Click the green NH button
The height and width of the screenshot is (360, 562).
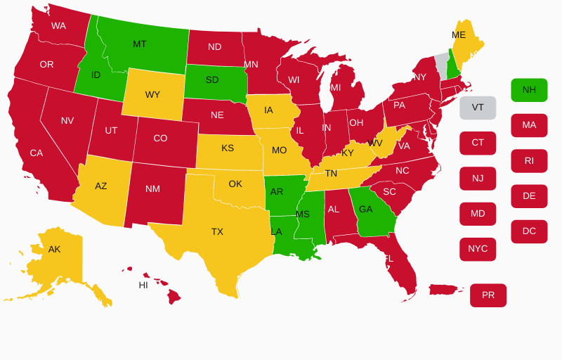point(529,90)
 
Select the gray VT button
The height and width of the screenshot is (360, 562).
point(478,108)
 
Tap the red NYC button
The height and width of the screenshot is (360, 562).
point(478,249)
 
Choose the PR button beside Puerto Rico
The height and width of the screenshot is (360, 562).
point(488,295)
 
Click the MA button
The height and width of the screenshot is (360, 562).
point(529,125)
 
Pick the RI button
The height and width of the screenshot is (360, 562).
point(529,161)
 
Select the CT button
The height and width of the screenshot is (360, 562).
point(478,143)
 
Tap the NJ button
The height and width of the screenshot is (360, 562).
point(478,179)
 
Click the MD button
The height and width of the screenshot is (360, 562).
point(478,214)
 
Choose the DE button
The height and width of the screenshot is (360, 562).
point(529,196)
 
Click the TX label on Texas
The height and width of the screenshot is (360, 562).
point(217,232)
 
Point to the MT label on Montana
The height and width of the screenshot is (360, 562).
point(140,44)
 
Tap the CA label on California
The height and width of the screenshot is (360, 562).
point(37,153)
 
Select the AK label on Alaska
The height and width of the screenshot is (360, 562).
point(55,250)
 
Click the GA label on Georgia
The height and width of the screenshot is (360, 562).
point(366,210)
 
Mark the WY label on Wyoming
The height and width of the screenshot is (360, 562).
point(152,95)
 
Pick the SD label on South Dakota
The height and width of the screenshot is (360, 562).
point(212,80)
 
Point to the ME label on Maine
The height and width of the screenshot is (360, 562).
point(459,35)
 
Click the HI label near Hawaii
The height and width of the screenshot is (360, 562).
point(143,285)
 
